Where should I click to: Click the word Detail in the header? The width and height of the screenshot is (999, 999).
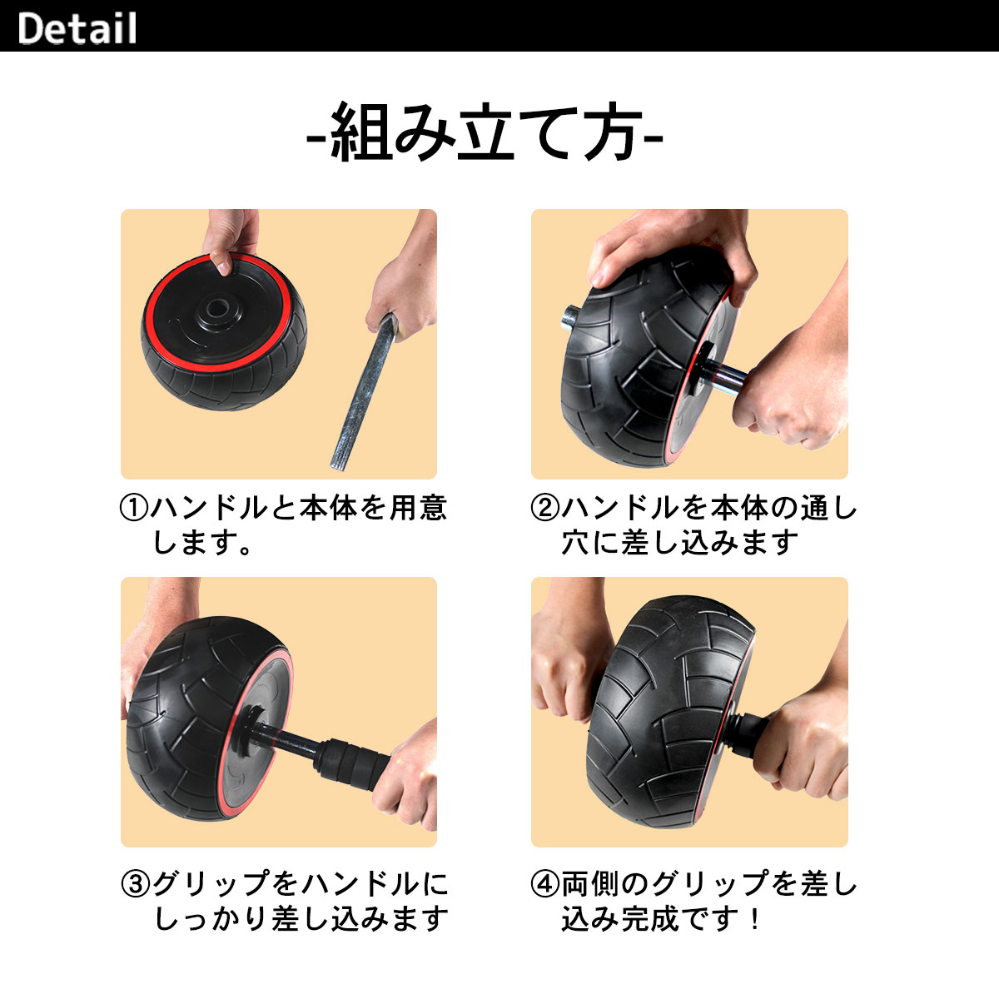[77, 27]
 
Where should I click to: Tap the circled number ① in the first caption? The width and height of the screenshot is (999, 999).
[135, 507]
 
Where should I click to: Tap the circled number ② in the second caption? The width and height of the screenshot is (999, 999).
[545, 507]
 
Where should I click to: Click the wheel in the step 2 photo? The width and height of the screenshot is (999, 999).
[641, 350]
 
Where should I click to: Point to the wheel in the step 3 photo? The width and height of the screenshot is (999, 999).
[200, 716]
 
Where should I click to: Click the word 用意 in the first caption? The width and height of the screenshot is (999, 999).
[418, 507]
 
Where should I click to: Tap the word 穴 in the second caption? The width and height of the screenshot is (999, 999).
[576, 543]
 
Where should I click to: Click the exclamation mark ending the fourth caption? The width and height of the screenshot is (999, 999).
[754, 919]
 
